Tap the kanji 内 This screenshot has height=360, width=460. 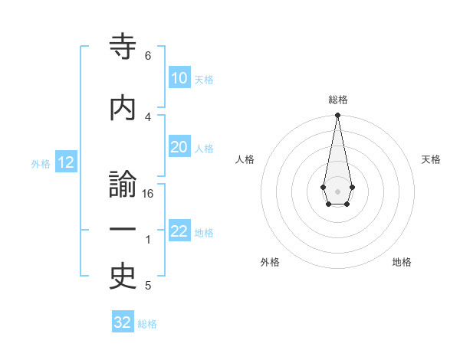coord(123,107)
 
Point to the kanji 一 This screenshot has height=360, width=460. coord(123,230)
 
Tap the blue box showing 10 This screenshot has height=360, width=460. coord(179,78)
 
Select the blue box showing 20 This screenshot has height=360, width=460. coord(179,148)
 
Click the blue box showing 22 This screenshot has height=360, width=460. coord(179,232)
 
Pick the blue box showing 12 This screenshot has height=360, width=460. coord(65,162)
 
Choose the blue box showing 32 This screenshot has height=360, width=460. coord(123,322)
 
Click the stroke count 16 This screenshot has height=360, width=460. coord(148,194)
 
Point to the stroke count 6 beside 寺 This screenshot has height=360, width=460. coord(148,56)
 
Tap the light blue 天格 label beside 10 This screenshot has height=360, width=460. coord(204,79)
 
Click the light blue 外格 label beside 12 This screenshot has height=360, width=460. coord(41,163)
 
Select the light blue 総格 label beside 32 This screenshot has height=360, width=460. coord(148,323)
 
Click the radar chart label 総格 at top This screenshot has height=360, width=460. coord(337,100)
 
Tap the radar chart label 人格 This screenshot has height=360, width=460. coord(245,159)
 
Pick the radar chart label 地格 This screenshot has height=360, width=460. coord(402,262)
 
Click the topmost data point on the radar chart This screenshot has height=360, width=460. coord(337,116)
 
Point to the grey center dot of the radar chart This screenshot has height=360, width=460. coord(337,190)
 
